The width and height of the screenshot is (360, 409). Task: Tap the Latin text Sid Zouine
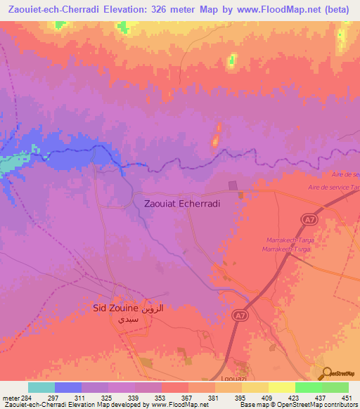116,308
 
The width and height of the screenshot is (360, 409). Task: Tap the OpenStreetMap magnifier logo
327,373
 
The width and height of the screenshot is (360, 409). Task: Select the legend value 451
346,397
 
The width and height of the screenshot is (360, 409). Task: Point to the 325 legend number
107,397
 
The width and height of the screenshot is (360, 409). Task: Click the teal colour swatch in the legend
41,387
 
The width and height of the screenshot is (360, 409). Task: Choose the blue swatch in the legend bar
67,387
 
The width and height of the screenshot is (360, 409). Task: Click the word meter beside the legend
10,397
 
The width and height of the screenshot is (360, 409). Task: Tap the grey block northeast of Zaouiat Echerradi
233,186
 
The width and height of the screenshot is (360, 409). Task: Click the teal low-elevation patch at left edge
10,165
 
